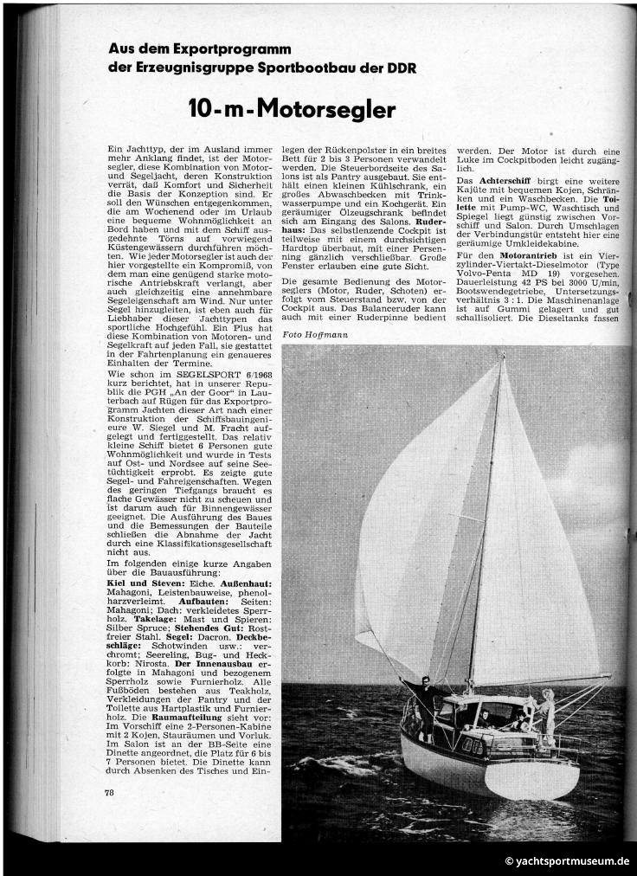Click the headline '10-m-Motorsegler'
tap(292, 110)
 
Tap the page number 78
tap(109, 792)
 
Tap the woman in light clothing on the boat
tap(547, 710)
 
